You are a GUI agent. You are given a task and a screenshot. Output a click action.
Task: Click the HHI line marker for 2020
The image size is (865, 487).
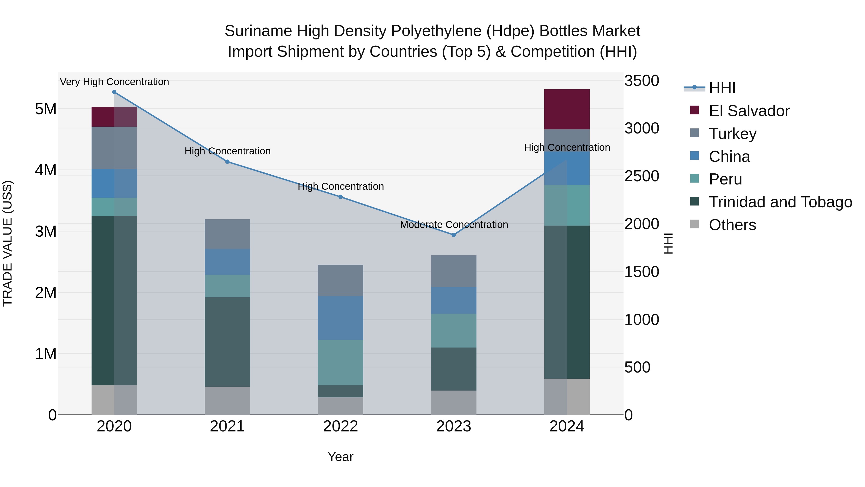pos(114,92)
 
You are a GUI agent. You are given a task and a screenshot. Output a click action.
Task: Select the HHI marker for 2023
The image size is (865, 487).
pos(454,235)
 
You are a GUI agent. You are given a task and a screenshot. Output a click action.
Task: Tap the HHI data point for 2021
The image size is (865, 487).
pos(227,162)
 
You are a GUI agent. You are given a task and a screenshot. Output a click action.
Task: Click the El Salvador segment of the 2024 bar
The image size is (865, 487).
pos(567,109)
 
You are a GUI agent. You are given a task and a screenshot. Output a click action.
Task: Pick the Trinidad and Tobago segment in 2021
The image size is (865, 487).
pos(227,342)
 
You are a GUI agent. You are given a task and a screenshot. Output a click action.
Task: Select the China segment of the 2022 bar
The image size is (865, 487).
pos(340,318)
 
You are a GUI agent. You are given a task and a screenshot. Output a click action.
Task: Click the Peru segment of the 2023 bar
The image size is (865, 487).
pos(454,330)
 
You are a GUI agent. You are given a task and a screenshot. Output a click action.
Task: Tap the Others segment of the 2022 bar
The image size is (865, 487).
pos(340,406)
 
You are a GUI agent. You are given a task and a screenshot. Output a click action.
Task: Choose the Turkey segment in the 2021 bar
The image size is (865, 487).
pos(227,234)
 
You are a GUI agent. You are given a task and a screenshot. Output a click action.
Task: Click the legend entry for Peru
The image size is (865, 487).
pos(725,179)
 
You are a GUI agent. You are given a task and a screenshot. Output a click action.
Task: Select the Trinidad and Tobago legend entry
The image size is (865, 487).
pos(780,202)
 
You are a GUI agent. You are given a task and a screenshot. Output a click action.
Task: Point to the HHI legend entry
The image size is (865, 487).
pos(722,88)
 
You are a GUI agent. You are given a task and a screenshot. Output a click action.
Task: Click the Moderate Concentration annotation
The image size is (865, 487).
pos(454,225)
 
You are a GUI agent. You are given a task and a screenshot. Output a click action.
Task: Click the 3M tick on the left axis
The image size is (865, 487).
pos(46,231)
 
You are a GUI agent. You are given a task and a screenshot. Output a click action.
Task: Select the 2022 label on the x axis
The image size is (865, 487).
pos(340,426)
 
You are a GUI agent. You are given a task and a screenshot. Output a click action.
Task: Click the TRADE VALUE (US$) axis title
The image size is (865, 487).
pos(7,243)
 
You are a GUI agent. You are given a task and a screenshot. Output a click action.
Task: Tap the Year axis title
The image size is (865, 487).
pos(340,457)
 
